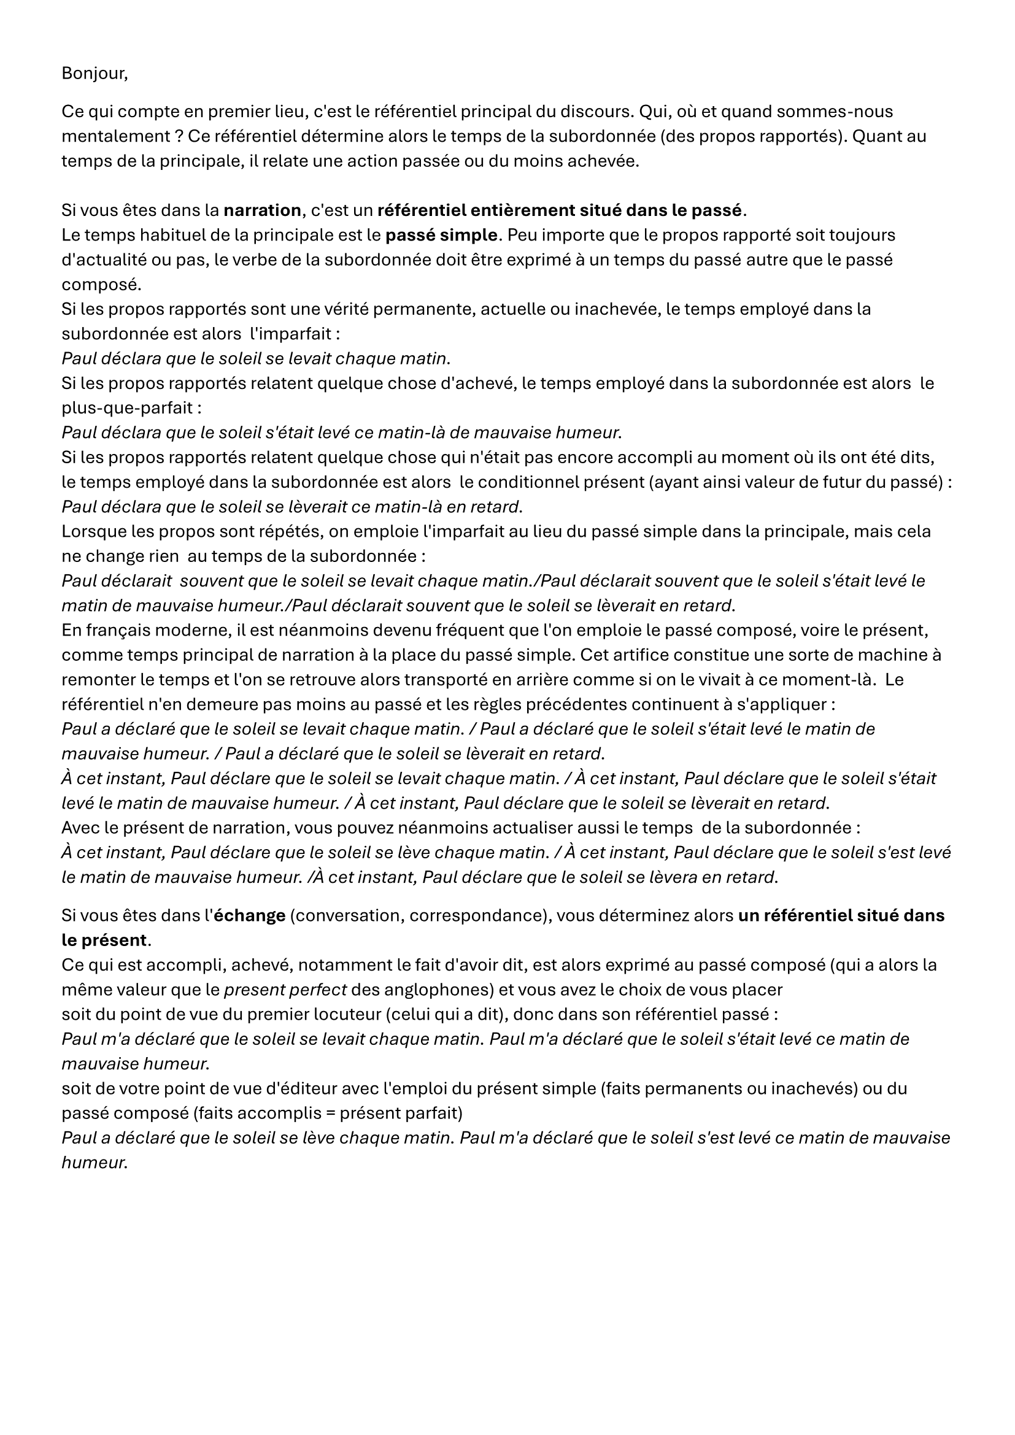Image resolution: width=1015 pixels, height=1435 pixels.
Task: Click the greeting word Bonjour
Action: click(x=94, y=74)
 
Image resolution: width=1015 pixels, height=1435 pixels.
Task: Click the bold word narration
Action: click(x=262, y=210)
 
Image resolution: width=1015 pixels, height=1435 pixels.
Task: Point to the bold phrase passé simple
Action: click(x=442, y=236)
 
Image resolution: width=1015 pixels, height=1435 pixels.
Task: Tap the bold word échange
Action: click(x=249, y=916)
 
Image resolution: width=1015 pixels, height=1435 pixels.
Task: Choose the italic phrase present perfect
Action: click(x=285, y=991)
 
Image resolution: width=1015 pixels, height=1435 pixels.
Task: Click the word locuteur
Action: click(x=303, y=1015)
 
